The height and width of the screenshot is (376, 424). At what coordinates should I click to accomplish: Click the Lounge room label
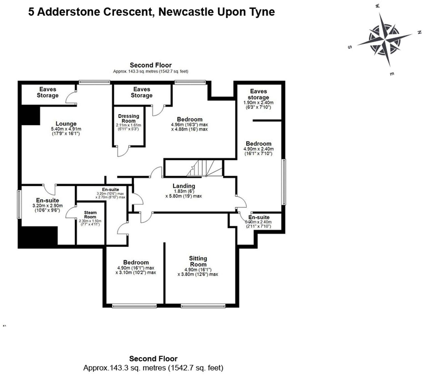tap(66, 124)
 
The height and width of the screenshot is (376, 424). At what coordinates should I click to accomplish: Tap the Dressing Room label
tap(129, 118)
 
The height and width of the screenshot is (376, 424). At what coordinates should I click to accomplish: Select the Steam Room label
tap(90, 215)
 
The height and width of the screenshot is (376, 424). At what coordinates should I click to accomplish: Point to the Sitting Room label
tap(198, 261)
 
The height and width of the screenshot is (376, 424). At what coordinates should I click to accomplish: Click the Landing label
tap(184, 186)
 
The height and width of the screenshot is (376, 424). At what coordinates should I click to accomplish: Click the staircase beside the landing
tap(204, 168)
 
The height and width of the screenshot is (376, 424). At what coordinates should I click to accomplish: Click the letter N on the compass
tap(419, 32)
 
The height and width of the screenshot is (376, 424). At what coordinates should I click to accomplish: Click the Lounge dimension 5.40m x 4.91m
tap(66, 129)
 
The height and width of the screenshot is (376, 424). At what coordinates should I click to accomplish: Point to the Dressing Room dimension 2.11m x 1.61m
tap(129, 125)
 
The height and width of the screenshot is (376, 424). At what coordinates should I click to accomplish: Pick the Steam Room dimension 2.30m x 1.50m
tap(90, 221)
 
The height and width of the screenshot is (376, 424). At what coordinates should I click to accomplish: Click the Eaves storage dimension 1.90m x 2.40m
tap(258, 103)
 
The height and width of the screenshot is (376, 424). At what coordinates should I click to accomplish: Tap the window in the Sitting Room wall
tap(203, 306)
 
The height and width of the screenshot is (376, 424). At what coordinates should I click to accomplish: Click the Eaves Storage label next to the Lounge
tap(48, 92)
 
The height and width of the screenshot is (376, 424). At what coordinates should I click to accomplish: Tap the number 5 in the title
tap(31, 12)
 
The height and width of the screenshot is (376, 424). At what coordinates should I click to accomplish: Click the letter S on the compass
tap(350, 47)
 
